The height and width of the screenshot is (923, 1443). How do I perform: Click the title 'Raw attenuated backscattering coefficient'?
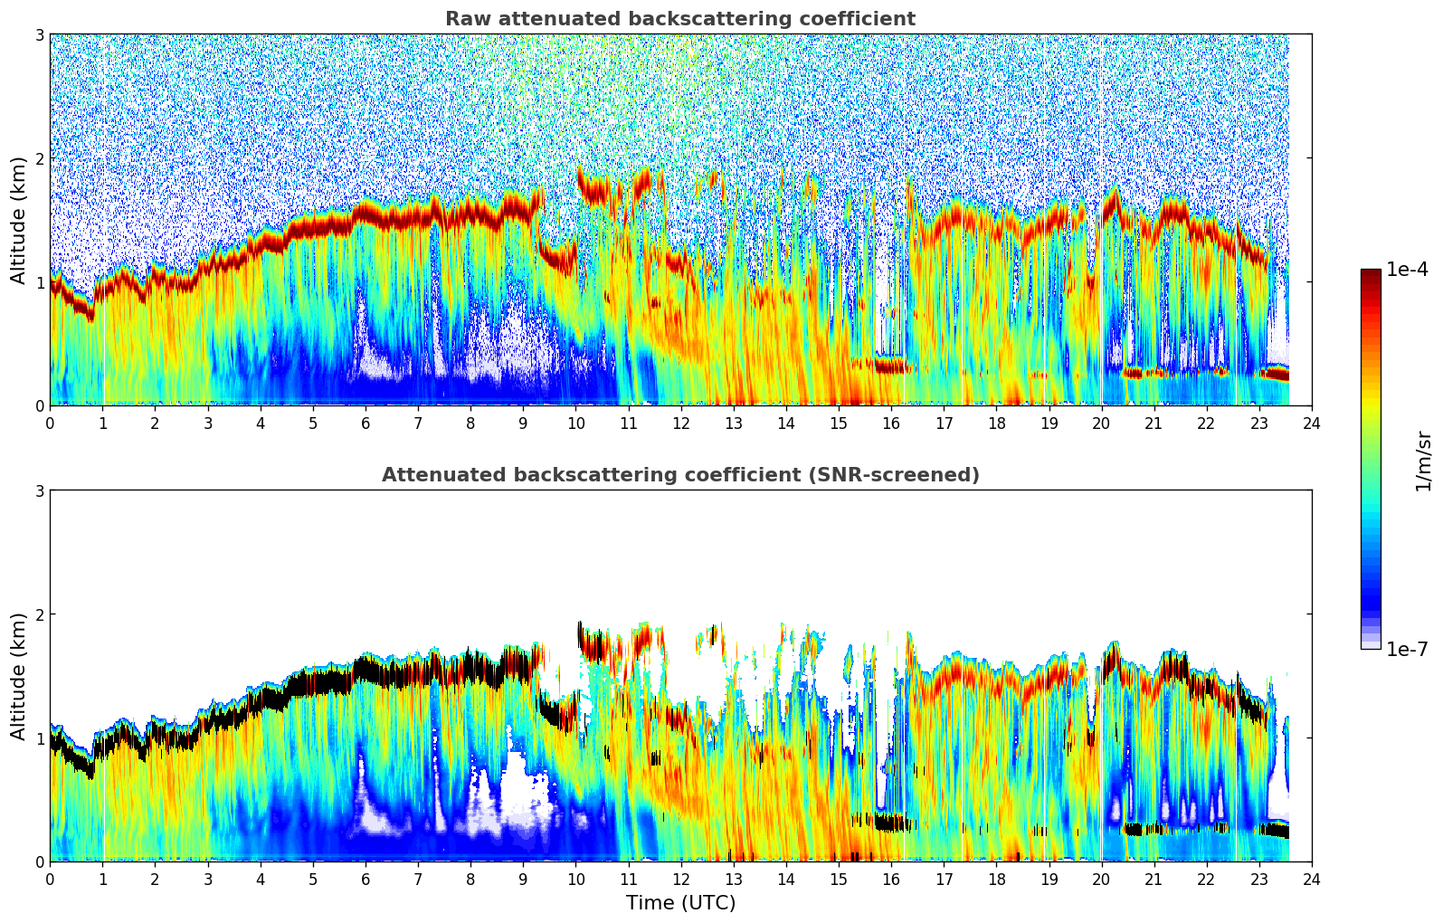679,19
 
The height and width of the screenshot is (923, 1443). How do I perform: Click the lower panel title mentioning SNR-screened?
679,475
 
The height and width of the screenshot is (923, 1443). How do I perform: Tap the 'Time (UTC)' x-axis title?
680,902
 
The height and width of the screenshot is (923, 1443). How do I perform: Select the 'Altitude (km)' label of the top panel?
18,220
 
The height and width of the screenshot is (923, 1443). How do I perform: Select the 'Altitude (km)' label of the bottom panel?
18,676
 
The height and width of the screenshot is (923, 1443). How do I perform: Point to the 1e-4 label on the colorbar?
1407,270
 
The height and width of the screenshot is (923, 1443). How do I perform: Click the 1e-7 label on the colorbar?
1407,649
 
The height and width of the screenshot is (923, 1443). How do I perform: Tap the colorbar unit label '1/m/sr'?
1423,461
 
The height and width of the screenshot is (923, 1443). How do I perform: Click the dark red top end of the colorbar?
1371,272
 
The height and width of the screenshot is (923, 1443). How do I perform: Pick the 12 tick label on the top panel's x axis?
680,423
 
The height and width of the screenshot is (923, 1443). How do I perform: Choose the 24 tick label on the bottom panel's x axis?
1311,880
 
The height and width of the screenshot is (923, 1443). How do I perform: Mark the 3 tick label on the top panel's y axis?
39,35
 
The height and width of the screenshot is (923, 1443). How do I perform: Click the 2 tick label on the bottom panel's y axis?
39,614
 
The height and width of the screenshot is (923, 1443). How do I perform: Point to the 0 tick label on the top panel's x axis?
50,423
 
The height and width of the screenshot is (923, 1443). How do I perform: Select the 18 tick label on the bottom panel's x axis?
996,880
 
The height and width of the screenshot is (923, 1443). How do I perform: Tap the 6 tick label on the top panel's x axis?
365,423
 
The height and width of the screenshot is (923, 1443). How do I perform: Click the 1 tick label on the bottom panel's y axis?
39,738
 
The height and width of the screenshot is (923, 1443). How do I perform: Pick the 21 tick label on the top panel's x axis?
1153,423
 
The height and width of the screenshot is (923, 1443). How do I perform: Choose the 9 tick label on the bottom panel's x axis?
523,880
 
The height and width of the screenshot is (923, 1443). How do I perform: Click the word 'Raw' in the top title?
466,19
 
